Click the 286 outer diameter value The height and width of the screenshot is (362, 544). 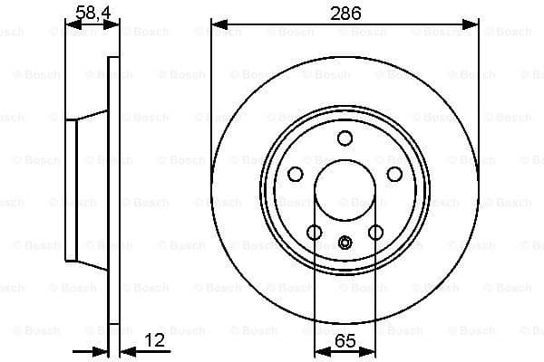click(x=345, y=14)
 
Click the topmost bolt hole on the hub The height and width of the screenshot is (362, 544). click(x=345, y=138)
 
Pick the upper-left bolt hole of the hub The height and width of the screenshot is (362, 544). click(x=295, y=174)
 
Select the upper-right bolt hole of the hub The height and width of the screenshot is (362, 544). click(x=394, y=174)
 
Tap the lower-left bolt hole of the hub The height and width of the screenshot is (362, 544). click(x=314, y=233)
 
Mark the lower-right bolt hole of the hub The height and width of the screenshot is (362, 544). click(x=375, y=233)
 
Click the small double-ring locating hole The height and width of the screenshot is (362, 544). click(x=345, y=243)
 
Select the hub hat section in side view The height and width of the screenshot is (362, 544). click(x=86, y=190)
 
